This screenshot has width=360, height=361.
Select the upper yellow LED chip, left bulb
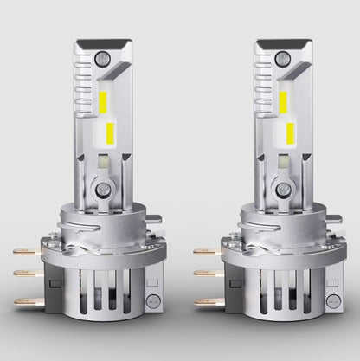pos(102,102)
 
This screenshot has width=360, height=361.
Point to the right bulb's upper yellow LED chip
pos(282,102)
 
